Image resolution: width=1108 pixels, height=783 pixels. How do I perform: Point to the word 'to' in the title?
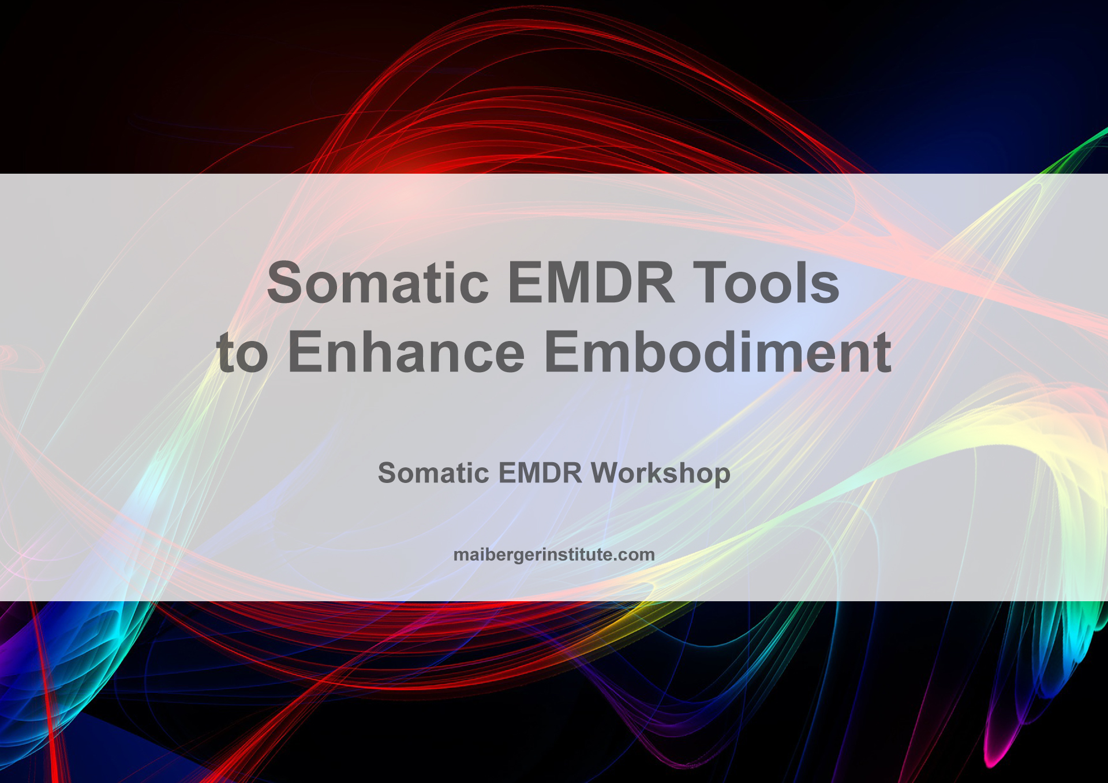(x=242, y=353)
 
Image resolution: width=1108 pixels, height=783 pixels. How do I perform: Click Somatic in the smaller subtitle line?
(x=433, y=473)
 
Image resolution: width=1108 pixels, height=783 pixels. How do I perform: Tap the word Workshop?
(x=660, y=473)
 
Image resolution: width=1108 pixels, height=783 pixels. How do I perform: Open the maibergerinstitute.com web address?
(x=553, y=555)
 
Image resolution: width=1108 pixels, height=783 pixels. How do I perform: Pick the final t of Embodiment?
(x=882, y=353)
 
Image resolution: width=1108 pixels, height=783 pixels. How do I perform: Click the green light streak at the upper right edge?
(x=1088, y=141)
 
